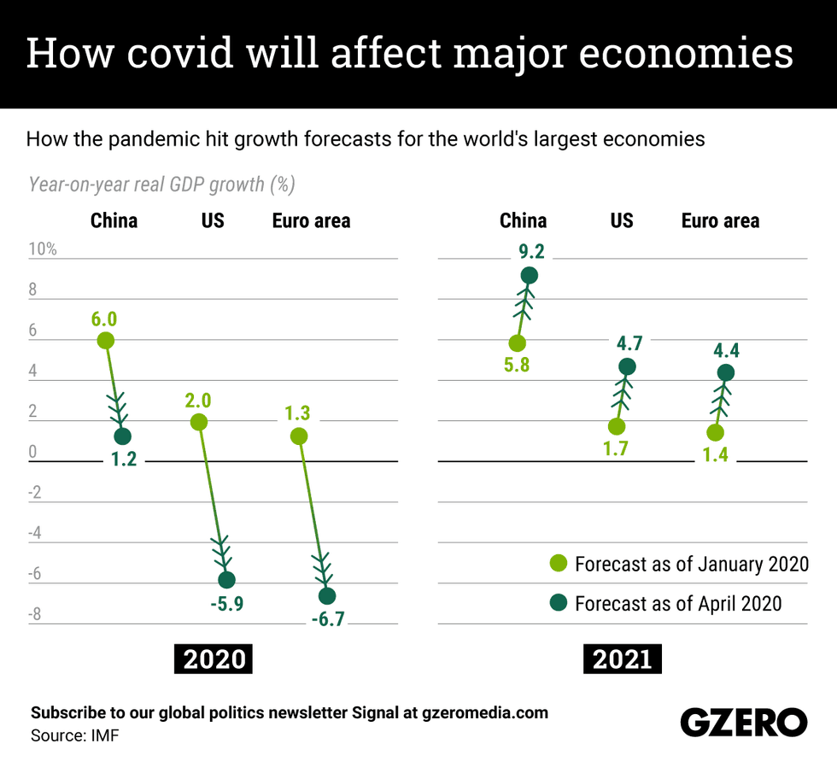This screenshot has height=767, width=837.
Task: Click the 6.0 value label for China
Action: pos(104,319)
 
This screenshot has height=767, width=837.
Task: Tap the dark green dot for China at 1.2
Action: pos(122,436)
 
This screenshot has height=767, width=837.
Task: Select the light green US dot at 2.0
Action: pos(198,422)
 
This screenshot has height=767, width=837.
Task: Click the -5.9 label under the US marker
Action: pos(228,604)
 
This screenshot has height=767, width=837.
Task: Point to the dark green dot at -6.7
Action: pos(327,596)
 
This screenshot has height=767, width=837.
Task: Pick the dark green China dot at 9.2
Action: pos(529,275)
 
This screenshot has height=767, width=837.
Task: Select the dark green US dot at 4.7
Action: pos(627,367)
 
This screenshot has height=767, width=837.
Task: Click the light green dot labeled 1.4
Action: pos(715,433)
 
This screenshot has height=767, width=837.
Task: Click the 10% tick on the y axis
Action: pos(43,249)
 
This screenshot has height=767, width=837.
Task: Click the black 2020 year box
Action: pos(215,659)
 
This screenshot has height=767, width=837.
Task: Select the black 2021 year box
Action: pos(623,659)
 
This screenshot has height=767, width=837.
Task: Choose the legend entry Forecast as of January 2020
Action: pos(679,565)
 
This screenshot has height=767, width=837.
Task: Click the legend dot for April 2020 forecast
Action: pos(558,603)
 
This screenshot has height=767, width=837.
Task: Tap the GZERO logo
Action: pos(743,722)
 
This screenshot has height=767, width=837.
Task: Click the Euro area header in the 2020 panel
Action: pos(311,221)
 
